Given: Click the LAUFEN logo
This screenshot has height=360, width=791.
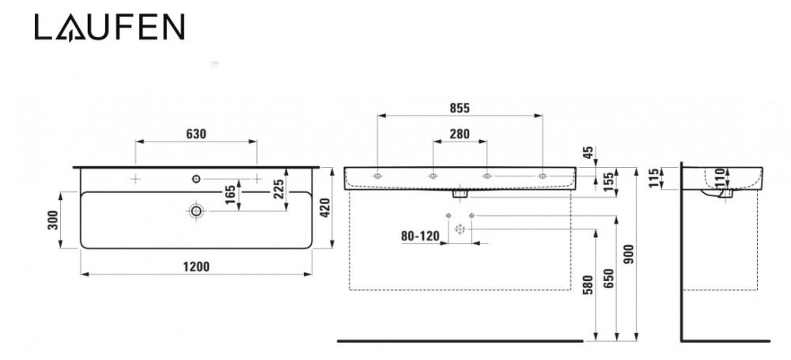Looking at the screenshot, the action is pos(109,27).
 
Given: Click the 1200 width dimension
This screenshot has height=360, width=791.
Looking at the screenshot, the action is pos(196,267).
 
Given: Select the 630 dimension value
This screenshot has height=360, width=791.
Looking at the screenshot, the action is pos(196,134).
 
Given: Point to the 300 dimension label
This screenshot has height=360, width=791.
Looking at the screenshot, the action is pos(53,220).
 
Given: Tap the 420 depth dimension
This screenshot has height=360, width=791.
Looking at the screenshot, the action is pos(324,208).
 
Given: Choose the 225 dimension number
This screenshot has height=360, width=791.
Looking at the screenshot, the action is pos(278,189).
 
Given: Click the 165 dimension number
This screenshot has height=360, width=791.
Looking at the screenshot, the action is pos(230,195).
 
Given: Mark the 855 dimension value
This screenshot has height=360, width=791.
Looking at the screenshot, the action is pos(460,108).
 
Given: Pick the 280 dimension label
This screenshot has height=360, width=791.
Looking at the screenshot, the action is pos(460,134).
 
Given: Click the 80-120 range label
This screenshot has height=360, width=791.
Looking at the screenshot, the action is pos(420,236).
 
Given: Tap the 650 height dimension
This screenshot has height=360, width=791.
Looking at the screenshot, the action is pos(609,279).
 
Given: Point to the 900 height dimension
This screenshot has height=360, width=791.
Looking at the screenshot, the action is pos(629,255).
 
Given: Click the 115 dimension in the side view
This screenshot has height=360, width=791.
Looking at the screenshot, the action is pos(654,178).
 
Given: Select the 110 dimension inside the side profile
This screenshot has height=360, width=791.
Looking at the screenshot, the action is pos(720,177).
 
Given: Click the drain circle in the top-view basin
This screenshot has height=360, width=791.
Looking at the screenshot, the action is pos(196,210).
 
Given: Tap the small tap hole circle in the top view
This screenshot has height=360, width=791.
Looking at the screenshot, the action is pos(196,178).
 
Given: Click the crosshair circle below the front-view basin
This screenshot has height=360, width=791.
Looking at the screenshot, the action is pos(460,229).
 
